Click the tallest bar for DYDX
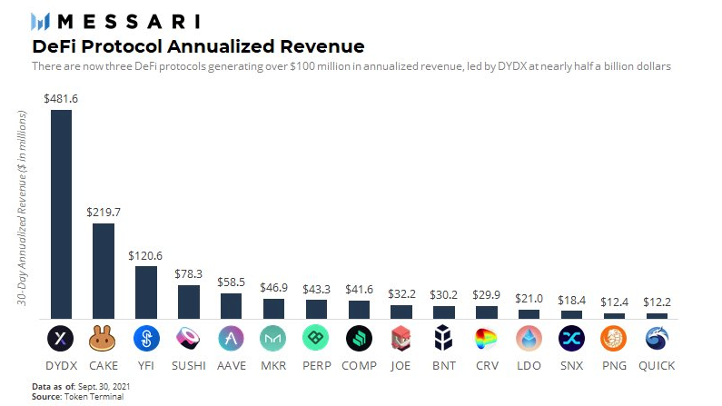[x=61, y=213]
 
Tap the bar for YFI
[x=146, y=292]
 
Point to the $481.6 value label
[x=61, y=98]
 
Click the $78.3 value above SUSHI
[x=188, y=273]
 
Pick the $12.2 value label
[x=657, y=302]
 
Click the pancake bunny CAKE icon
[x=104, y=339]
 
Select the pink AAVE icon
[x=231, y=339]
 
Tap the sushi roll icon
[x=188, y=339]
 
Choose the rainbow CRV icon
[x=487, y=339]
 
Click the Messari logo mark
[x=41, y=21]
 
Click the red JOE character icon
[x=401, y=339]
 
